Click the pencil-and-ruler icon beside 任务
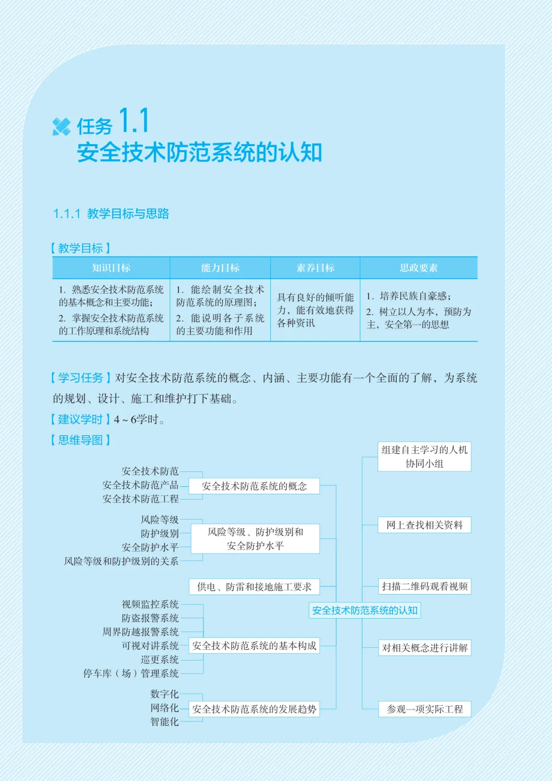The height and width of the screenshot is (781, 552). (x=61, y=127)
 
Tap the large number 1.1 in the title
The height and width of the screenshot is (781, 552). (x=134, y=120)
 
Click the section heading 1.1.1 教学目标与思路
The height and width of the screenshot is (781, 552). (x=111, y=214)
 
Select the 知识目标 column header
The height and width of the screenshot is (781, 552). (x=111, y=268)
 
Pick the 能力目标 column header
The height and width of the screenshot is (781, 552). (x=220, y=268)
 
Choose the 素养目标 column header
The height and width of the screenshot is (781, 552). (x=315, y=268)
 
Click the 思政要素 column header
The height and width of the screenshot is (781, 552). (x=419, y=268)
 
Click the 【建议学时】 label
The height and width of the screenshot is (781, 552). (x=81, y=419)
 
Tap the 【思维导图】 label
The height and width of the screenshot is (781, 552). (x=81, y=440)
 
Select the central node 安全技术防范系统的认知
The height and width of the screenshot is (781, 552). (x=364, y=610)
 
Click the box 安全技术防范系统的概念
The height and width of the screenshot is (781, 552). (x=254, y=486)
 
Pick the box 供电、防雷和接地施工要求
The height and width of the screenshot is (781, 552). (x=254, y=587)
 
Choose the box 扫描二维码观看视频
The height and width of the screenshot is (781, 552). (x=425, y=586)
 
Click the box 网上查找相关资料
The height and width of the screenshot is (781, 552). (x=424, y=525)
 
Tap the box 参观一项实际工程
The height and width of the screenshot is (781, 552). (x=425, y=709)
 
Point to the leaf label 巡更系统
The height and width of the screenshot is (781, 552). (x=159, y=659)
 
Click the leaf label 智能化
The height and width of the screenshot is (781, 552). (x=165, y=721)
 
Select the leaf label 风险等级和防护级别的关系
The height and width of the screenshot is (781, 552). (x=121, y=561)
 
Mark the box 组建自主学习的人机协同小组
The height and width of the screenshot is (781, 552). (x=424, y=457)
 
